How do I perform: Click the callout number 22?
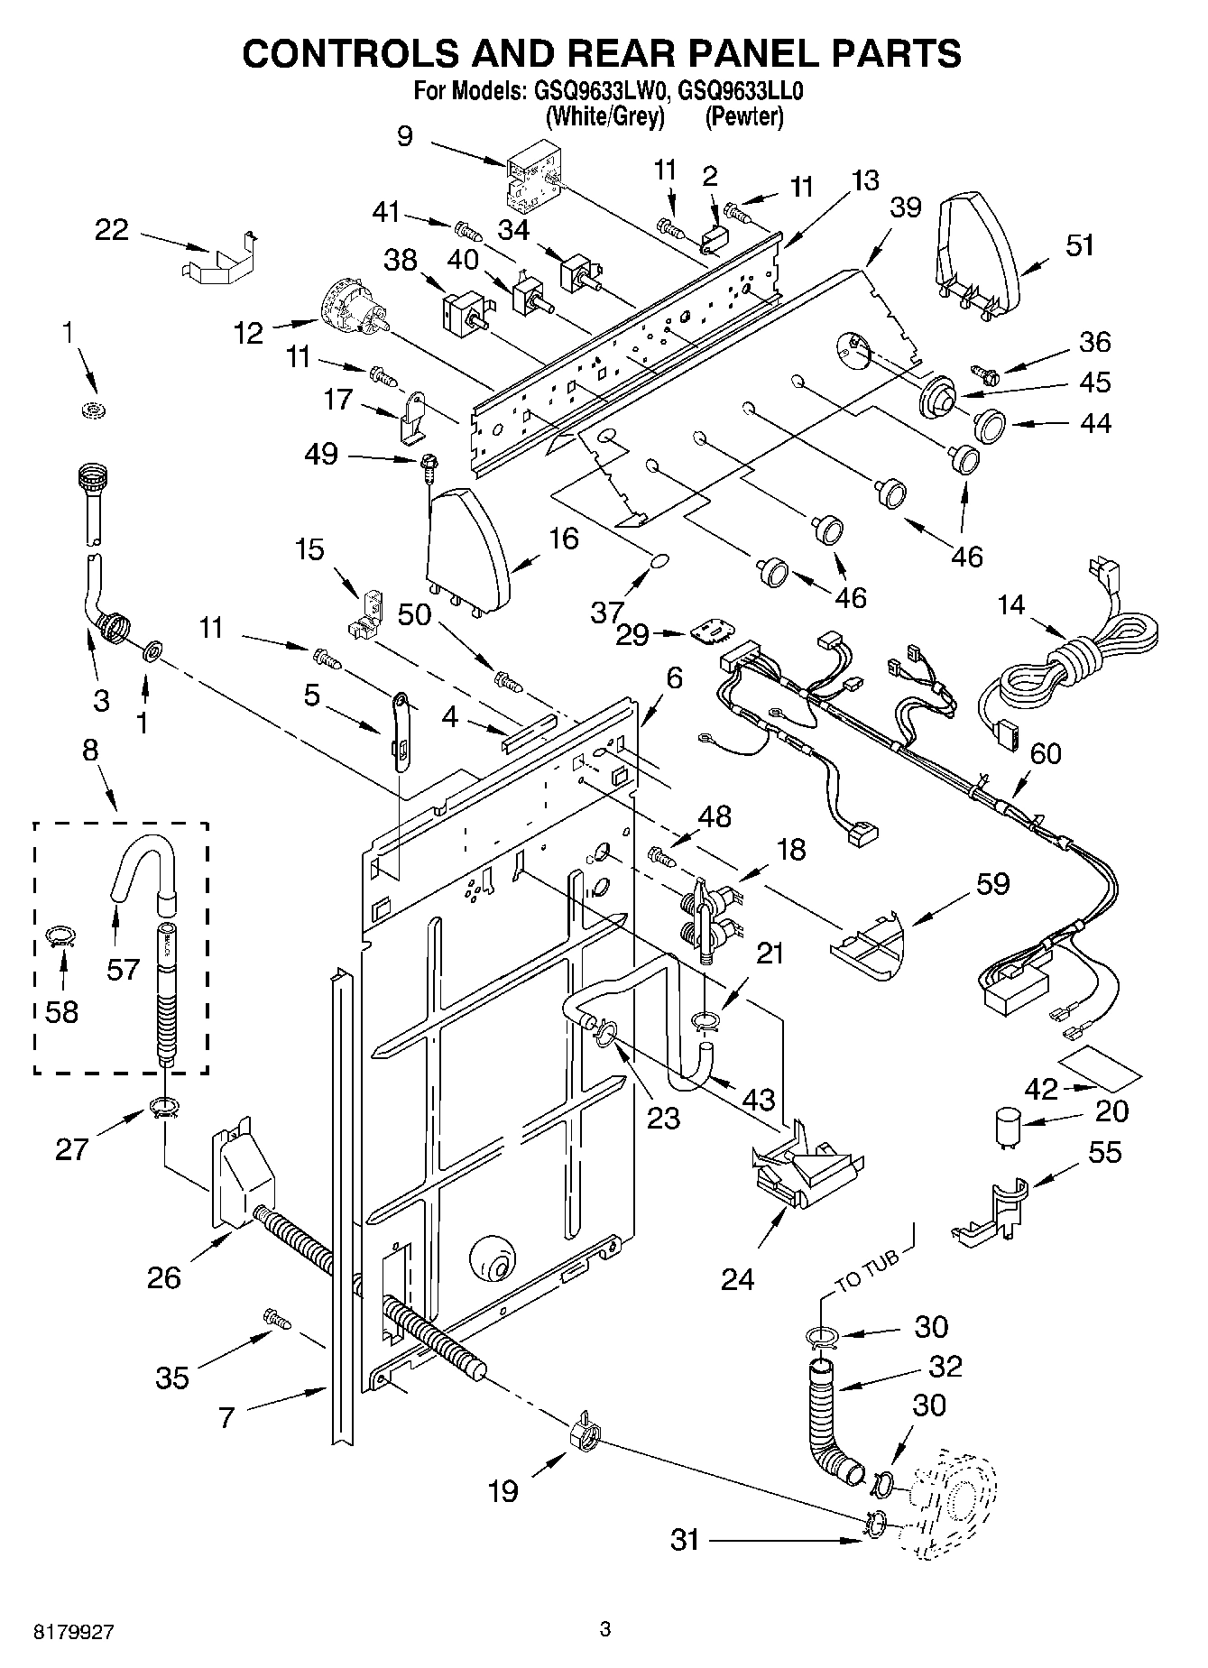[112, 230]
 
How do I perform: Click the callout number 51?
[1080, 244]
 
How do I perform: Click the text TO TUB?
[867, 1269]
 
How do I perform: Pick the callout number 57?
[124, 970]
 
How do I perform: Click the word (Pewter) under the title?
[743, 116]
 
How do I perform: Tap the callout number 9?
[404, 136]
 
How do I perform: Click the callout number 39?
[906, 208]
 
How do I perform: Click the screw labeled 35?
[277, 1319]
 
